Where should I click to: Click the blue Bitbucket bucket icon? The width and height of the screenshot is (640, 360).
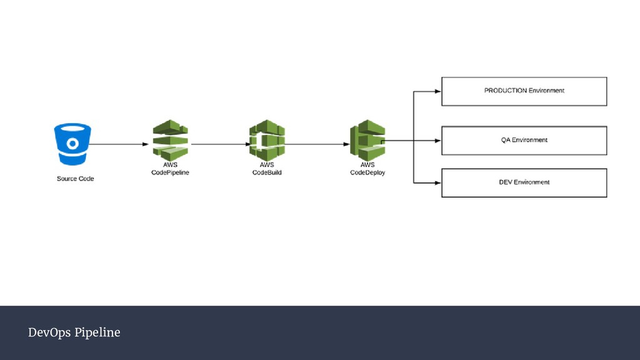pos(72,143)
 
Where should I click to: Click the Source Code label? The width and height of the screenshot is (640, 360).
pos(75,179)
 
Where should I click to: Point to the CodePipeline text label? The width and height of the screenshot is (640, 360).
pos(170,172)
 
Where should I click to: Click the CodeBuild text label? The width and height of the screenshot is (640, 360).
pos(267,172)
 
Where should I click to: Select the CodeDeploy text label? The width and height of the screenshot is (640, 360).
pos(367,172)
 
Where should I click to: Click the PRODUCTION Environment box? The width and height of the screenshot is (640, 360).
pos(524,91)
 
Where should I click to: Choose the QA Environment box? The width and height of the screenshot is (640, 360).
pos(524,141)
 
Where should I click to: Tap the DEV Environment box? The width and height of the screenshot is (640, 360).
pos(524,182)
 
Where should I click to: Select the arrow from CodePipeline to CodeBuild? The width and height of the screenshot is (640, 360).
pos(219,144)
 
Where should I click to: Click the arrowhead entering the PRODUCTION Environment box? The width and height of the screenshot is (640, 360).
pos(437,91)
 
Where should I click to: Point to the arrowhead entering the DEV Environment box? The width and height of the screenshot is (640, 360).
pos(437,182)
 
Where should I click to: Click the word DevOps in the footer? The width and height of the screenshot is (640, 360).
pos(49,332)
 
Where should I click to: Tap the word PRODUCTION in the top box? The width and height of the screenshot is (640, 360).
pos(506,91)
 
